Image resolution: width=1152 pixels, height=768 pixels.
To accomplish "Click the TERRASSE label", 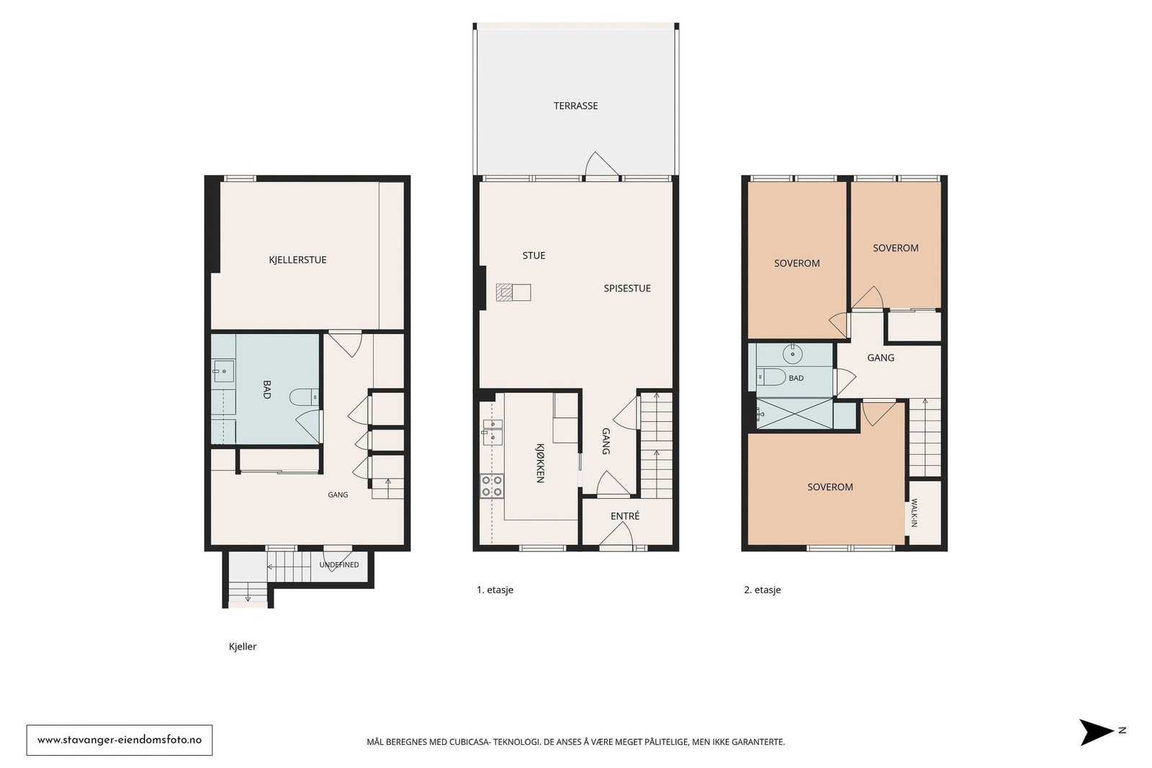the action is pyautogui.click(x=575, y=106).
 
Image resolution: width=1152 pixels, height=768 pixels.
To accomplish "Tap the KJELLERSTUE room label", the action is pyautogui.click(x=298, y=260).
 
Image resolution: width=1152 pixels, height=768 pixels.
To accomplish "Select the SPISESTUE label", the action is pyautogui.click(x=627, y=289).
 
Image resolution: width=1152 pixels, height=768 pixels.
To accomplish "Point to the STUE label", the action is pyautogui.click(x=534, y=256).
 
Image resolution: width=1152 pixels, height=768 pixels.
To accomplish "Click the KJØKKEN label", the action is pyautogui.click(x=540, y=463).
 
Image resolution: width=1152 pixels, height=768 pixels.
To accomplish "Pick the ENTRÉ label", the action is pyautogui.click(x=625, y=516).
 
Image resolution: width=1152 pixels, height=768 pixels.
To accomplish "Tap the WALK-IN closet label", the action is pyautogui.click(x=914, y=512).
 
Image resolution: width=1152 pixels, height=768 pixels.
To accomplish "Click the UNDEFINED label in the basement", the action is pyautogui.click(x=339, y=565).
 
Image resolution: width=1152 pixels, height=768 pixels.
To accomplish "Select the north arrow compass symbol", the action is pyautogui.click(x=1097, y=732).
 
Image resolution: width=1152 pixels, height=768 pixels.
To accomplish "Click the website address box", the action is pyautogui.click(x=120, y=740).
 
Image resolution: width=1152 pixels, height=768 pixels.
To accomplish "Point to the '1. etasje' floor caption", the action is pyautogui.click(x=495, y=590).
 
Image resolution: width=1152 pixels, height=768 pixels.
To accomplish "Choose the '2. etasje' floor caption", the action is pyautogui.click(x=762, y=590).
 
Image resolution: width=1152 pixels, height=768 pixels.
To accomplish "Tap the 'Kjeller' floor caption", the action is pyautogui.click(x=243, y=646).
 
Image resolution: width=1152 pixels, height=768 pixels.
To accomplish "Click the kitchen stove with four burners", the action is pyautogui.click(x=492, y=487).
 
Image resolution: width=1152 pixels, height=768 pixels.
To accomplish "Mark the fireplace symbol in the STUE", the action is pyautogui.click(x=513, y=292).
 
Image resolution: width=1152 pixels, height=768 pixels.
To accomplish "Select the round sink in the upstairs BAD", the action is pyautogui.click(x=793, y=354).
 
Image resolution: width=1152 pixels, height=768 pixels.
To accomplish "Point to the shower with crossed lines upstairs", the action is pyautogui.click(x=794, y=413).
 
